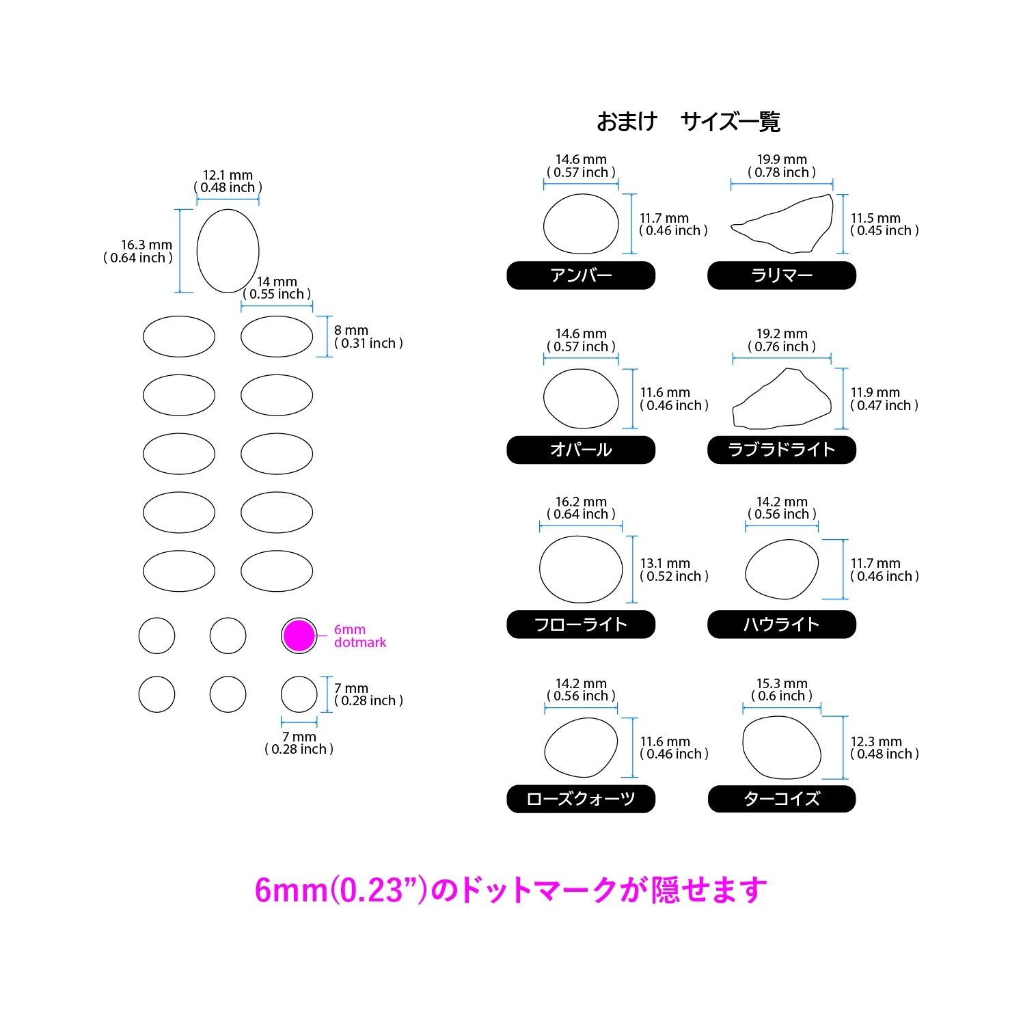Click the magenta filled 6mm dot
point(299,636)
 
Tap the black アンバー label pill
point(581,275)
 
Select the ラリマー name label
point(782,275)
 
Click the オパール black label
point(581,450)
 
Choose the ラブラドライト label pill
point(782,450)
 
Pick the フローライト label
point(581,625)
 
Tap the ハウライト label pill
point(782,625)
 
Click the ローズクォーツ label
point(581,799)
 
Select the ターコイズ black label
point(782,799)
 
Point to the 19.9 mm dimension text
point(782,159)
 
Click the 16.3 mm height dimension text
point(146,245)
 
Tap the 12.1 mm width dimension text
point(228,175)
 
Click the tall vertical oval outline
point(197,251)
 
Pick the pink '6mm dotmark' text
point(360,636)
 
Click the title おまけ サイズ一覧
point(688,122)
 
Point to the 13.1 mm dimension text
point(665,563)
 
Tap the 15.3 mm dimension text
point(782,683)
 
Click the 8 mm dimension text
point(351,330)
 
